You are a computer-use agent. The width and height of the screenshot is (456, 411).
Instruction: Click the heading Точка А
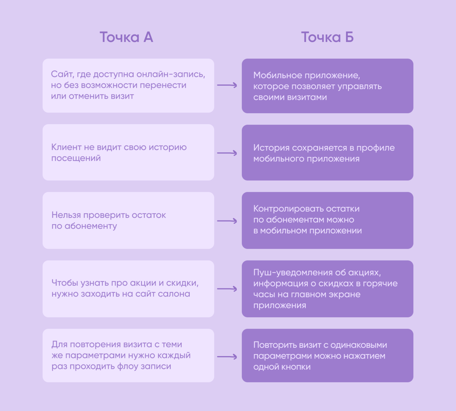(126, 37)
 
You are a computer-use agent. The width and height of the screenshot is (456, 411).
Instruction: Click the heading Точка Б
(327, 37)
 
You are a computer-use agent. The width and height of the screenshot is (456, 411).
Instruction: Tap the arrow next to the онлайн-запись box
(227, 85)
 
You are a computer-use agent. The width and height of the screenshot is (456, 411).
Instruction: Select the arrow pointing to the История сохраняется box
(227, 153)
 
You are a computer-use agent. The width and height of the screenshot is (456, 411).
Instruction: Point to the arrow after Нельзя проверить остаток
(227, 221)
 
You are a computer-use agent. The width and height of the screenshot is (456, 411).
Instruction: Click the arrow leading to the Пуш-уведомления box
(227, 289)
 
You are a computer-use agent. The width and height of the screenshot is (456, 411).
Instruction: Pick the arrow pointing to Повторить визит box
(227, 357)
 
